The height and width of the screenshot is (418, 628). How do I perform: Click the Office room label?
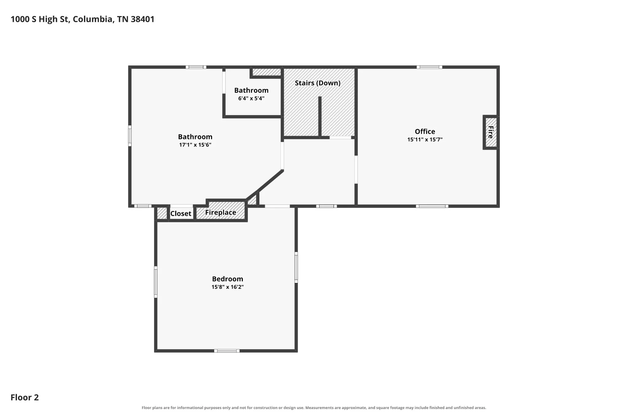coord(425,131)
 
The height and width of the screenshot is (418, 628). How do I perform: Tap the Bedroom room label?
coord(228,279)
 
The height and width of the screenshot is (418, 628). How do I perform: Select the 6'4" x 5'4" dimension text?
coord(251,99)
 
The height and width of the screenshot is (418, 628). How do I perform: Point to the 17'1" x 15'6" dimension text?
coord(195,145)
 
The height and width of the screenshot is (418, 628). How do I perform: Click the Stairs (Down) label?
coord(318,83)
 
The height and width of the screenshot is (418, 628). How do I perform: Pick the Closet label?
coord(181,213)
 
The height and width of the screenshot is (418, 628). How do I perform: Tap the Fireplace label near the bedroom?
coord(220,213)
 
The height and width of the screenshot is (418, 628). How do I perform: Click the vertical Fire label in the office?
coord(491,132)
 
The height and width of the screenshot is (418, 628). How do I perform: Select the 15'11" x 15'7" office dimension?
coord(425,140)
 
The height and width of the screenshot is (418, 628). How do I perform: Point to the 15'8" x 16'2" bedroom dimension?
coord(228,287)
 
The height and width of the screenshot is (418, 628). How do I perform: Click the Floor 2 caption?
coord(25,397)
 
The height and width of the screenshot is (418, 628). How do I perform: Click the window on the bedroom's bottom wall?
coord(227,351)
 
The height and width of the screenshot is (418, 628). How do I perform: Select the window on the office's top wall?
coord(429,67)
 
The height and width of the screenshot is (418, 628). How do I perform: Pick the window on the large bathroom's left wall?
coord(130,136)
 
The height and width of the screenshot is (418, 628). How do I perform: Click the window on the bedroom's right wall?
coord(296,267)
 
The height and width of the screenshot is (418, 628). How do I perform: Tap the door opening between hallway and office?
coord(356,170)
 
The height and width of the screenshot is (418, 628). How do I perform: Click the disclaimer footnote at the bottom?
coord(314,408)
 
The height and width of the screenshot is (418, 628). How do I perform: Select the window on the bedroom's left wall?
coord(155,282)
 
